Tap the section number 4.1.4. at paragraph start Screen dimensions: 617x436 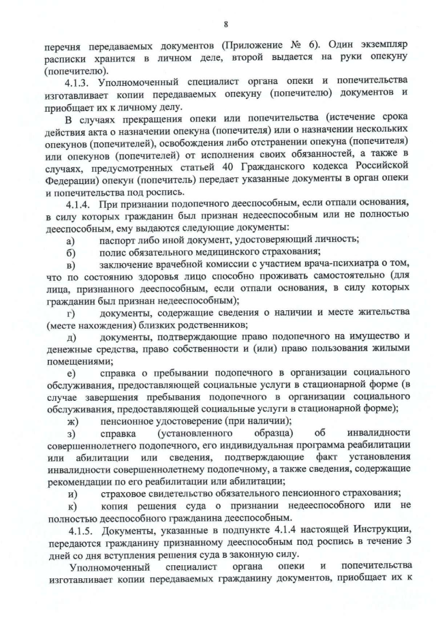pos(79,204)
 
